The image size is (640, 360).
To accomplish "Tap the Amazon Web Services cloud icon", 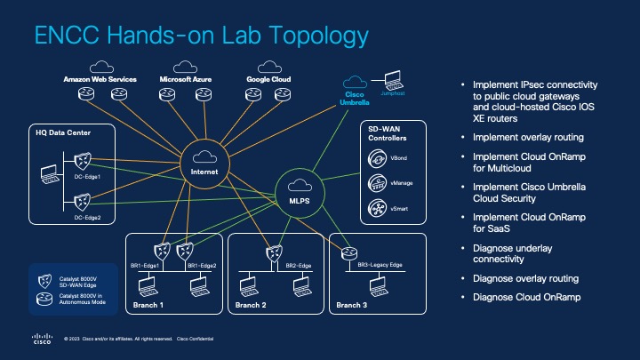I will [x=100, y=67].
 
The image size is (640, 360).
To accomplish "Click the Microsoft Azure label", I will [x=184, y=79].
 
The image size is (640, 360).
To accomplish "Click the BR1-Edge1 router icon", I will [x=162, y=252].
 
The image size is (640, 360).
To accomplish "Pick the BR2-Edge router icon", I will [x=273, y=252].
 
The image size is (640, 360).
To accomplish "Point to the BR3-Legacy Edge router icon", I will [x=346, y=252].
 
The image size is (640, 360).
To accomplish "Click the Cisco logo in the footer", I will [x=42, y=339].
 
